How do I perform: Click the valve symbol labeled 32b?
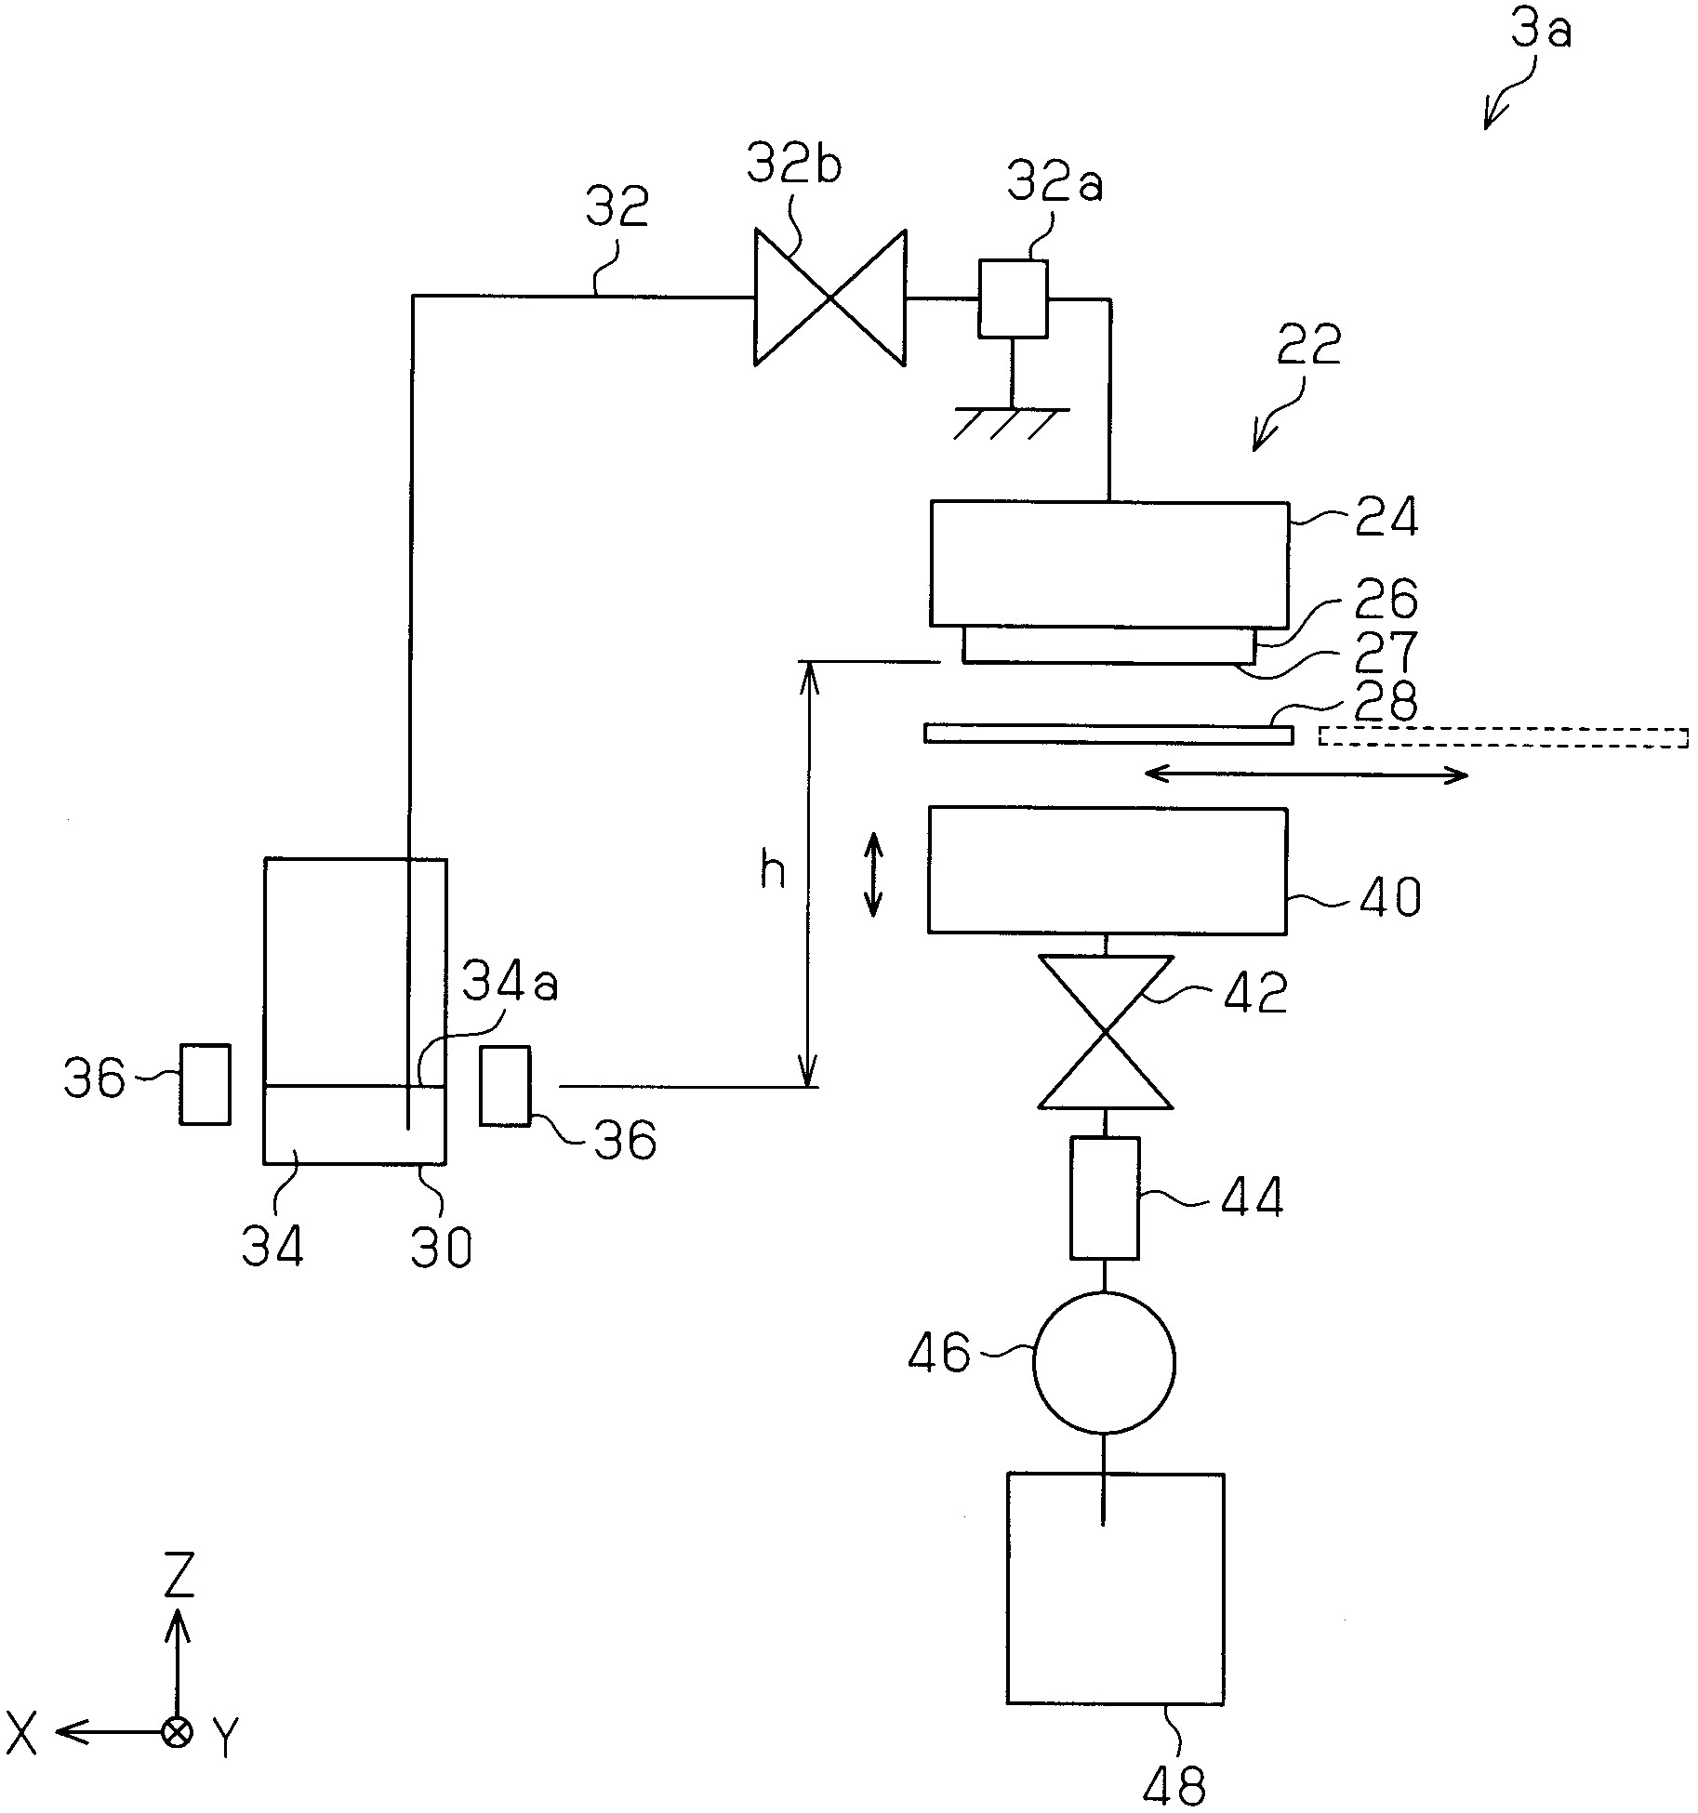click(x=829, y=298)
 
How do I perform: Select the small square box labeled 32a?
click(x=1013, y=298)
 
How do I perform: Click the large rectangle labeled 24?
click(x=1109, y=564)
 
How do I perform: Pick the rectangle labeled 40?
click(x=1108, y=870)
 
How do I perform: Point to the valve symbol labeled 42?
click(x=1106, y=1032)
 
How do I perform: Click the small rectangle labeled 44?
click(x=1105, y=1198)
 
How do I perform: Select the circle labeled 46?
click(x=1104, y=1362)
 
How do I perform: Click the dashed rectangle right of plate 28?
click(x=1503, y=736)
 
